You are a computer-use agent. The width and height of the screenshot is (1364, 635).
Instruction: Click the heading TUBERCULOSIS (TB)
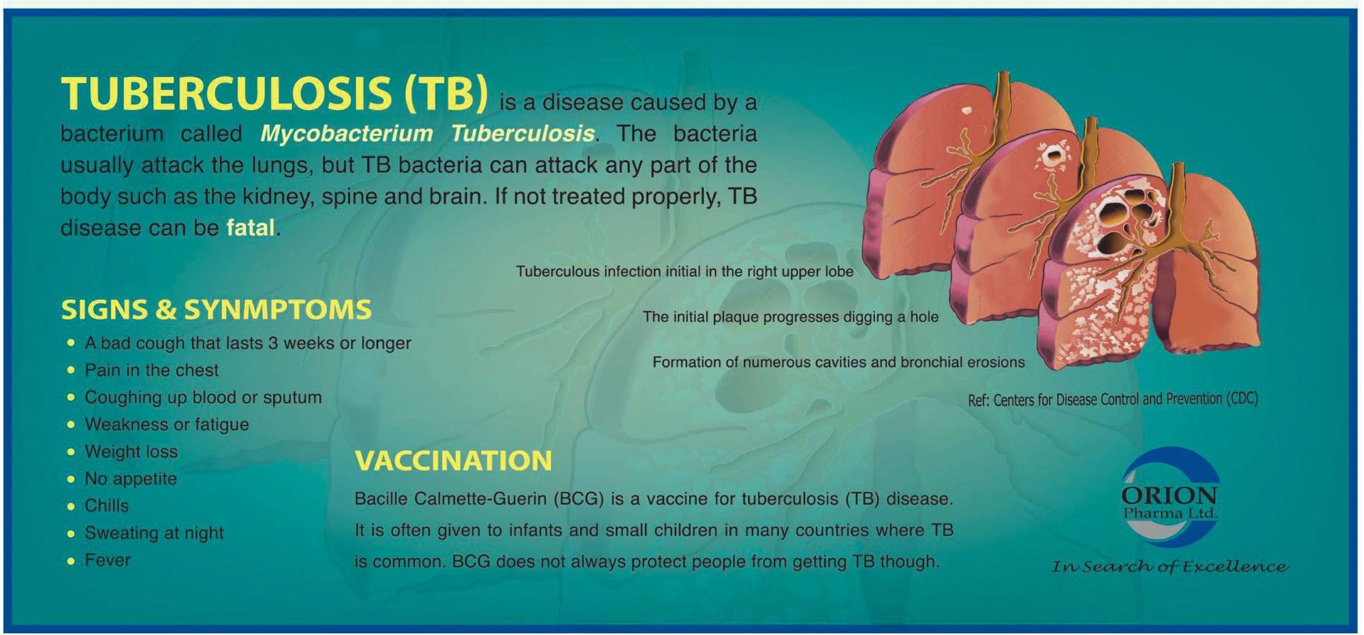pyautogui.click(x=274, y=93)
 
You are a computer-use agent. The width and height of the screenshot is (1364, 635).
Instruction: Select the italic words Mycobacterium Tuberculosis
pyautogui.click(x=427, y=133)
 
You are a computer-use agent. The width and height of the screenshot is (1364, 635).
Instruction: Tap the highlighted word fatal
pyautogui.click(x=250, y=227)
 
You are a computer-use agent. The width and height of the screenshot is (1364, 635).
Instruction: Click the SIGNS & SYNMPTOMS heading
pyautogui.click(x=216, y=310)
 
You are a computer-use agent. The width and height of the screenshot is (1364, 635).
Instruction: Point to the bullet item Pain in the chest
pyautogui.click(x=151, y=370)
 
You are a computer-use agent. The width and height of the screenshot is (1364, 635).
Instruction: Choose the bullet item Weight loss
pyautogui.click(x=131, y=452)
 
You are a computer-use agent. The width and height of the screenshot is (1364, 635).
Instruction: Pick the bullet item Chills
pyautogui.click(x=106, y=506)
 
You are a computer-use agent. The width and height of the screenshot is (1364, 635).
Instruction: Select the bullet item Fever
pyautogui.click(x=107, y=560)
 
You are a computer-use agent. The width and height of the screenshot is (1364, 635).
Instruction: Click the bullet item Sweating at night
pyautogui.click(x=154, y=533)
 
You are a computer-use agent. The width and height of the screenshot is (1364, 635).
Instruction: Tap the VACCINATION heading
pyautogui.click(x=453, y=461)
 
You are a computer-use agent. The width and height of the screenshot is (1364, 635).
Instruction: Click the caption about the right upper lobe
pyautogui.click(x=685, y=271)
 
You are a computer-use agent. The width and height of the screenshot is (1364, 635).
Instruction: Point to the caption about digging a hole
pyautogui.click(x=790, y=317)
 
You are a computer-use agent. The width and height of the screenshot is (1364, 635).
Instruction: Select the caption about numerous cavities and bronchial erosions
pyautogui.click(x=838, y=363)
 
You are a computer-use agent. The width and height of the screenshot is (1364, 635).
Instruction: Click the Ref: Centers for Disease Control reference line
pyautogui.click(x=1113, y=400)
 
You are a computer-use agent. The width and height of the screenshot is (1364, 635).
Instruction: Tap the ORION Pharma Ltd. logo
pyautogui.click(x=1169, y=497)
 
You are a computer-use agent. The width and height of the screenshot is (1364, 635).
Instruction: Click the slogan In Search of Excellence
pyautogui.click(x=1170, y=567)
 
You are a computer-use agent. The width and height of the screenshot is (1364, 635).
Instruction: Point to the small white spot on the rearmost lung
pyautogui.click(x=967, y=110)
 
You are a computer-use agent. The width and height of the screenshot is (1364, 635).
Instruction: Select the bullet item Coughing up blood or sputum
pyautogui.click(x=203, y=398)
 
